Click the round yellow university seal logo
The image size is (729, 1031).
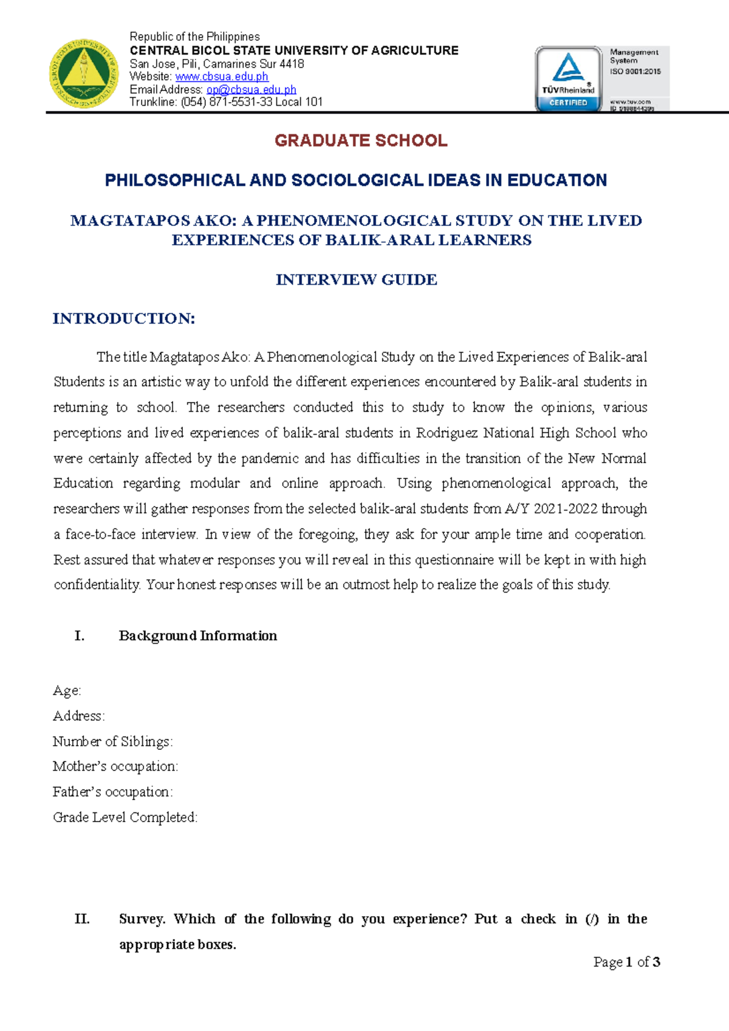[x=84, y=74]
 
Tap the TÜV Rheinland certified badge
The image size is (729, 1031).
[x=568, y=79]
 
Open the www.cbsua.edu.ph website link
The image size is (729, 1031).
[x=222, y=77]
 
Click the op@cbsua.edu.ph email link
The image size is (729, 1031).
[x=251, y=89]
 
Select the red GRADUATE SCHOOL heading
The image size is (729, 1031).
[x=361, y=141]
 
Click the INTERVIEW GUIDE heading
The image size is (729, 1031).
[x=357, y=280]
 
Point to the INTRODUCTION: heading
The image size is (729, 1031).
[x=124, y=319]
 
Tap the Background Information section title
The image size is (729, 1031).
[x=197, y=636]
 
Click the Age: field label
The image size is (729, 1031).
[x=67, y=691]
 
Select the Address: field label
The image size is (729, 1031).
[x=78, y=716]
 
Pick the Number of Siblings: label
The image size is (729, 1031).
[x=112, y=741]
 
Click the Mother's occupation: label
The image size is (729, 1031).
[x=115, y=767]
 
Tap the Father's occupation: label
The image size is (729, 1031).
[x=113, y=792]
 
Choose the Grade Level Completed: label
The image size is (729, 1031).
[x=125, y=818]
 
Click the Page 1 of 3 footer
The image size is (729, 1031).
[x=626, y=962]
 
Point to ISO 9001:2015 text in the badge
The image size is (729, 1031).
[x=635, y=72]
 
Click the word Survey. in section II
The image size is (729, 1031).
[x=142, y=919]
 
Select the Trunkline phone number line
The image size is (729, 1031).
[x=226, y=102]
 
